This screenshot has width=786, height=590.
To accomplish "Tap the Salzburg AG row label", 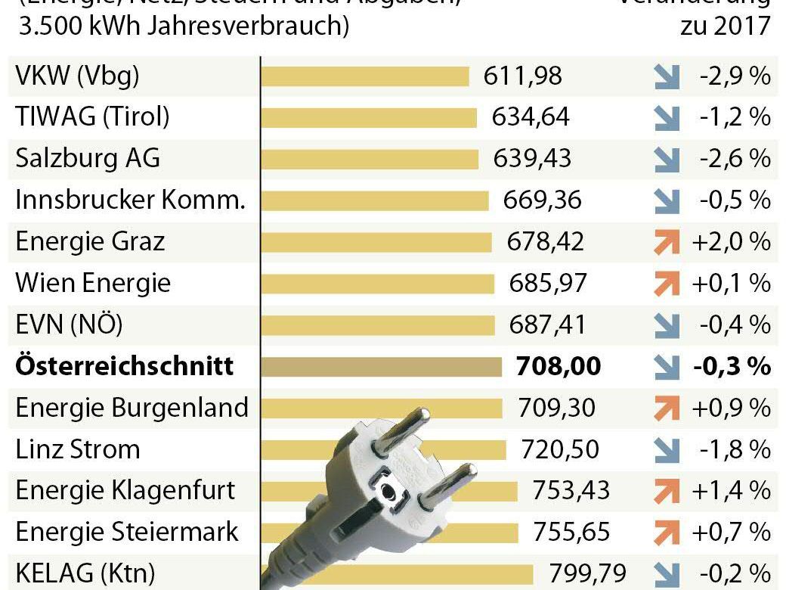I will pyautogui.click(x=88, y=159).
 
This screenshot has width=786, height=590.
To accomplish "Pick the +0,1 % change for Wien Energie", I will pyautogui.click(x=730, y=283).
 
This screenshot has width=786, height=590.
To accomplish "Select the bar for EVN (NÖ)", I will pyautogui.click(x=378, y=325).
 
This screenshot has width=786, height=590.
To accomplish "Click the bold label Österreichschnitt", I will pyautogui.click(x=125, y=366).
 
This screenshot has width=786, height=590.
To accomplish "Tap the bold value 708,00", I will pyautogui.click(x=559, y=366).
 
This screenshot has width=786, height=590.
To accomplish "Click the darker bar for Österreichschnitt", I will pyautogui.click(x=381, y=367).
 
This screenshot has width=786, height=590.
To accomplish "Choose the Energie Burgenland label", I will pyautogui.click(x=132, y=408).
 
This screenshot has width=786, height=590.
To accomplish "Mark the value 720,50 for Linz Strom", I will pyautogui.click(x=560, y=449).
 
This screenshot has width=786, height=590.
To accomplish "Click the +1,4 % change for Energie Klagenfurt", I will pyautogui.click(x=730, y=490).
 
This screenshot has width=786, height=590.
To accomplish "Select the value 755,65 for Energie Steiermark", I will pyautogui.click(x=571, y=531).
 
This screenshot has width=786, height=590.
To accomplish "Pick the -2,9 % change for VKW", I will pyautogui.click(x=730, y=76).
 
